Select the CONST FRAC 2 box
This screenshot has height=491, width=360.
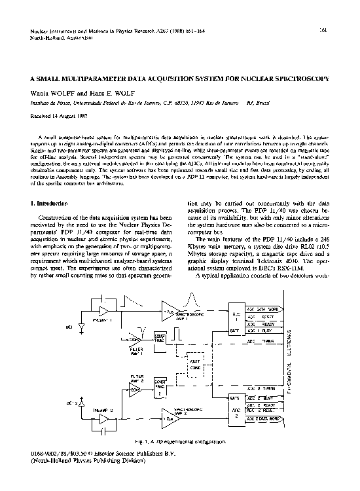point(160,390)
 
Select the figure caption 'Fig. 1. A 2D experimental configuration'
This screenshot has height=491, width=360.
point(179,443)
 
